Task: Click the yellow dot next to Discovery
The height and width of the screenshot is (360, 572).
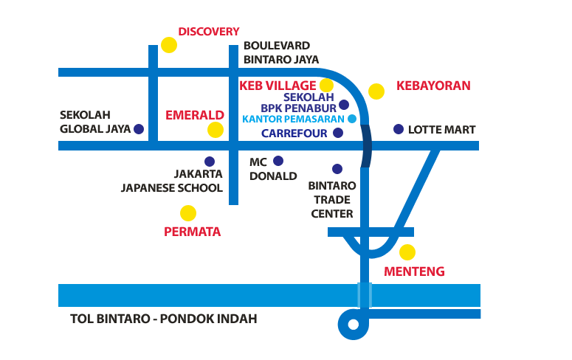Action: tap(169, 45)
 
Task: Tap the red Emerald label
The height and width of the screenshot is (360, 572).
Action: tap(194, 115)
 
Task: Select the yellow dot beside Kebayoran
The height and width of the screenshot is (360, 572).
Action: tap(376, 91)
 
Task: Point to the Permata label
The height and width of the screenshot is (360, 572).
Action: tap(192, 232)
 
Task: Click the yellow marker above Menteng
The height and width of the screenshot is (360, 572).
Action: tap(407, 252)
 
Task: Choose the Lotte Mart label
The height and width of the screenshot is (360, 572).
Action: tap(441, 130)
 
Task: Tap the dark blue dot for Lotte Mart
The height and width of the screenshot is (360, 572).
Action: tap(399, 129)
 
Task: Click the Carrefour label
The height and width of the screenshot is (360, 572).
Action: tap(294, 134)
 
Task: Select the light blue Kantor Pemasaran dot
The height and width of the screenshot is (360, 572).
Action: tap(352, 119)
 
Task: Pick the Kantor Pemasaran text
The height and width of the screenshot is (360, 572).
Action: tap(293, 119)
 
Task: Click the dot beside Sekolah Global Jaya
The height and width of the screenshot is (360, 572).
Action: tap(139, 129)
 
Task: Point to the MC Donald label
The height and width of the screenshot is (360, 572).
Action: tap(272, 169)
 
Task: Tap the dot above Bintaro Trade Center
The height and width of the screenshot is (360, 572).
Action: tap(337, 169)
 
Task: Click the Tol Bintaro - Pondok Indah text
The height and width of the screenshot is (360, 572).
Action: tap(163, 319)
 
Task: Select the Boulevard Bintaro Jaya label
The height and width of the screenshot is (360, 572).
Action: tap(281, 52)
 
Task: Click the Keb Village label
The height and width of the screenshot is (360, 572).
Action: tap(278, 86)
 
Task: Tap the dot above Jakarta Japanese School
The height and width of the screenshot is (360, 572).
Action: tap(210, 162)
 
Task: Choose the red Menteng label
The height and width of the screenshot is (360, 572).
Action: tap(415, 271)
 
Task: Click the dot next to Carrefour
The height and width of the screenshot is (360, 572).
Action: tap(338, 134)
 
